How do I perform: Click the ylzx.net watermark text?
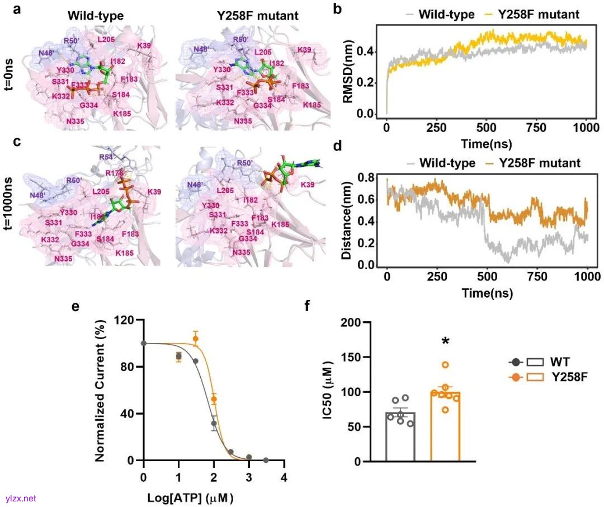(x=20, y=497)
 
